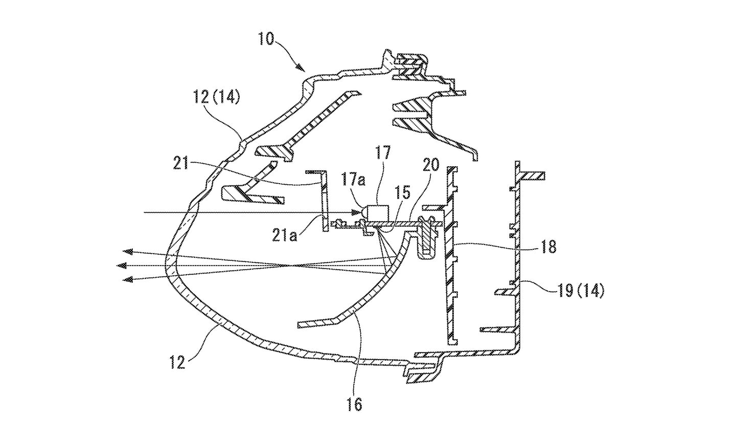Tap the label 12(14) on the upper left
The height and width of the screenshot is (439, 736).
tap(217, 97)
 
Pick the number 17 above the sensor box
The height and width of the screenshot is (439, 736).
tap(383, 152)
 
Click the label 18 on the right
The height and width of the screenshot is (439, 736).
tap(547, 248)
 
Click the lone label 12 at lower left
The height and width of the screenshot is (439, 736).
tap(177, 364)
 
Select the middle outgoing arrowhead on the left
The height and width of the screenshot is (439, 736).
tap(122, 266)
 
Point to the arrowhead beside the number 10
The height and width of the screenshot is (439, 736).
tap(301, 67)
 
